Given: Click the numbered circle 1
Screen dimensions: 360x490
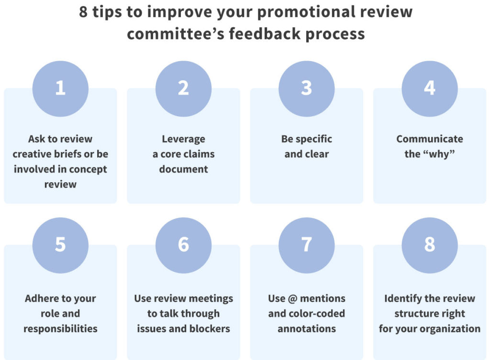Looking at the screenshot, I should (x=60, y=88).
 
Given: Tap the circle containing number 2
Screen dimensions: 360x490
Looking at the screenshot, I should (x=183, y=88).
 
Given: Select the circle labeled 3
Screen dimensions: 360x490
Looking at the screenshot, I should (x=306, y=88).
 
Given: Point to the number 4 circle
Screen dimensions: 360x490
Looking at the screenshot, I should (x=429, y=88).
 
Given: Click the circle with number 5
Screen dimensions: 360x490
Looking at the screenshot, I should (x=60, y=245).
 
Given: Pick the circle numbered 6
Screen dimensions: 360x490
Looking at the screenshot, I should (x=183, y=245).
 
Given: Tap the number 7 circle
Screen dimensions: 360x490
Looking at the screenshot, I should (x=306, y=245).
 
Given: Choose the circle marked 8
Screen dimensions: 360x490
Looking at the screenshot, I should (x=429, y=245).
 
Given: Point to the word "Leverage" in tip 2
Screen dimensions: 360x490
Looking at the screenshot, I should (x=183, y=139).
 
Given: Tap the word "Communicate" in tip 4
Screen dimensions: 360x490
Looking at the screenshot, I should (x=429, y=139).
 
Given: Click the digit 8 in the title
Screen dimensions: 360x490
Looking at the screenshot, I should (x=83, y=11).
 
